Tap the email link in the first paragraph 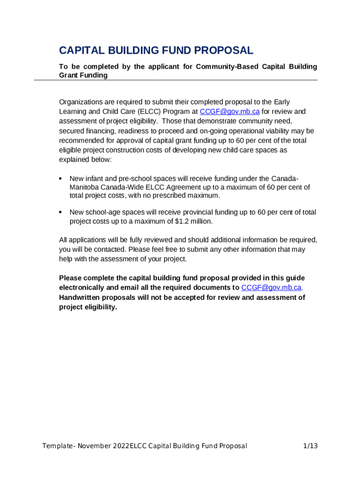[x=230, y=111]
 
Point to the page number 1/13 [x=310, y=446]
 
